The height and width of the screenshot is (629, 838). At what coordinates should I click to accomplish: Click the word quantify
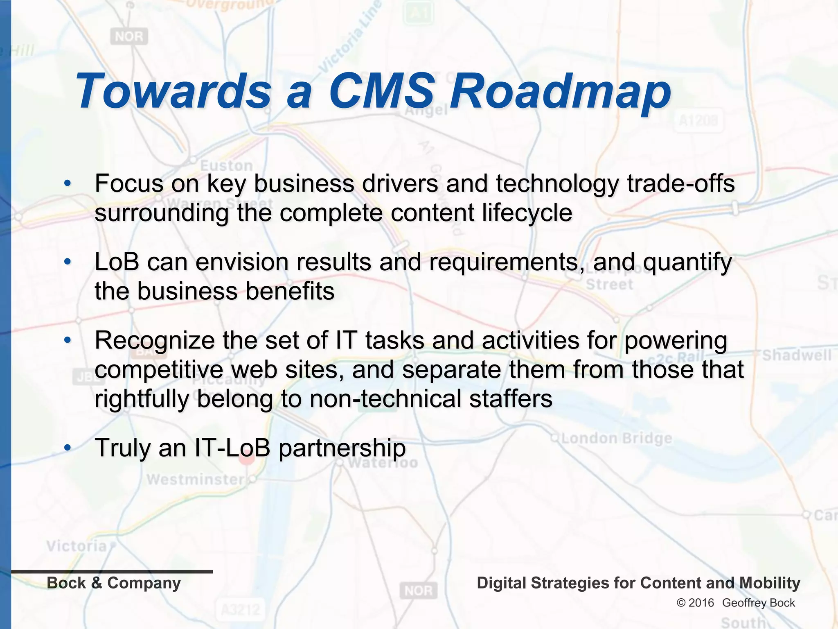tap(687, 262)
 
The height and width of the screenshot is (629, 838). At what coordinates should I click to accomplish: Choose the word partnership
tap(342, 448)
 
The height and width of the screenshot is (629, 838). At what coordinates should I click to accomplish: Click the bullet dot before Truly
tap(68, 448)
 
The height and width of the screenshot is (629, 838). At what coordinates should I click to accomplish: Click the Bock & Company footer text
tap(114, 583)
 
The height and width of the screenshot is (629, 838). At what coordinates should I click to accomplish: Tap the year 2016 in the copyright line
tap(701, 603)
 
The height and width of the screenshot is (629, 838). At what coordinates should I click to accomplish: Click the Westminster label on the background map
tap(195, 479)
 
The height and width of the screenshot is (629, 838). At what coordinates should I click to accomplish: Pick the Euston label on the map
tap(226, 166)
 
